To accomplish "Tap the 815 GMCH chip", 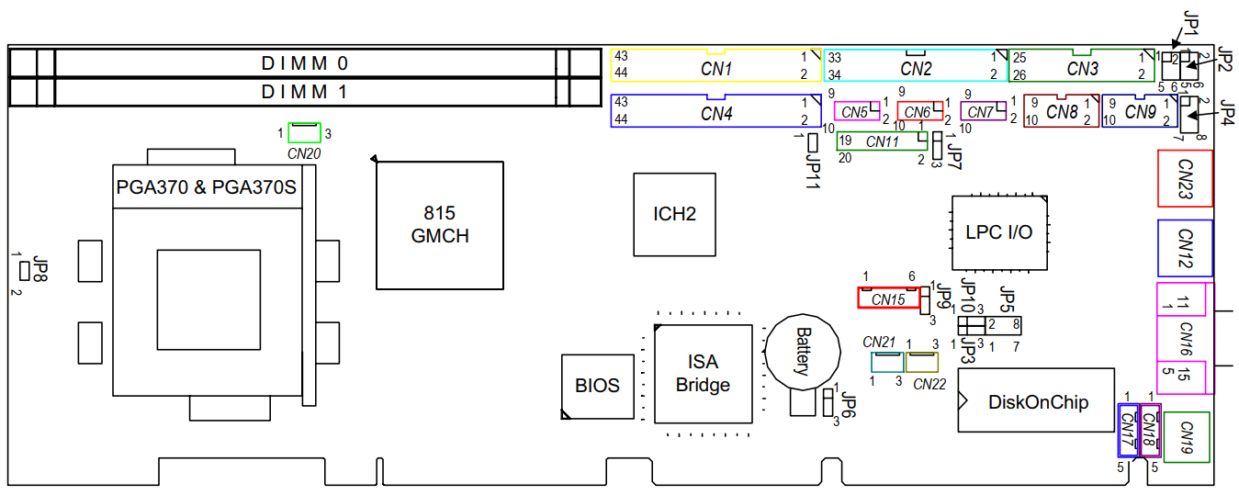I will tap(440, 224).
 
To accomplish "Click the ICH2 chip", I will tap(674, 214).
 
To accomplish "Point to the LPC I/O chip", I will tap(998, 232).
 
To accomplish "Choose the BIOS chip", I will tap(597, 386).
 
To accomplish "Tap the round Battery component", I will tap(803, 351).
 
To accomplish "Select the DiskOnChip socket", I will tap(1037, 401).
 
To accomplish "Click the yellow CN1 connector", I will tap(716, 67).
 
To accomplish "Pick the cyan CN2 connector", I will tap(915, 67).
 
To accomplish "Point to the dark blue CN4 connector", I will tap(716, 112).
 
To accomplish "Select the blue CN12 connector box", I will tap(1184, 247).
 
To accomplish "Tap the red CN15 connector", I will tap(888, 298).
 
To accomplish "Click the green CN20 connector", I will tap(304, 133).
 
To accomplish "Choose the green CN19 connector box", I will tap(1186, 436).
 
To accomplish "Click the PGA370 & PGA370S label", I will tap(206, 187).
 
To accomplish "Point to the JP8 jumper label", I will tap(39, 270).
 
